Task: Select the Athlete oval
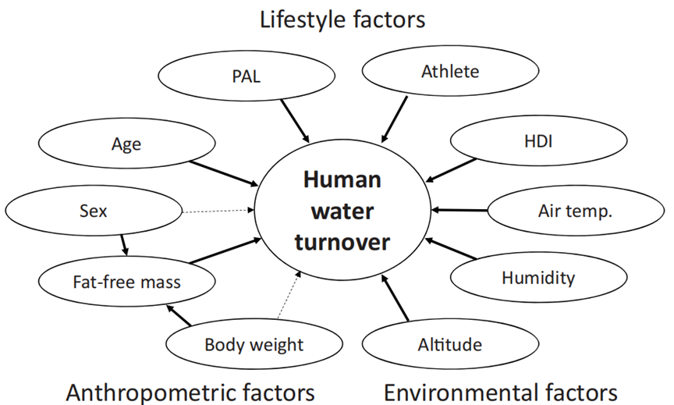(x=449, y=73)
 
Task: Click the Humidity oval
(x=537, y=277)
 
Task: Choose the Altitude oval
(x=449, y=344)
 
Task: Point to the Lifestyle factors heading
(x=342, y=19)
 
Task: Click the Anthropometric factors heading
(x=190, y=390)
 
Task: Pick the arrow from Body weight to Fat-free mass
(x=179, y=314)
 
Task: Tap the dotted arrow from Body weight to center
(x=286, y=293)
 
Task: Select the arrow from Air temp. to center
(x=459, y=210)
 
